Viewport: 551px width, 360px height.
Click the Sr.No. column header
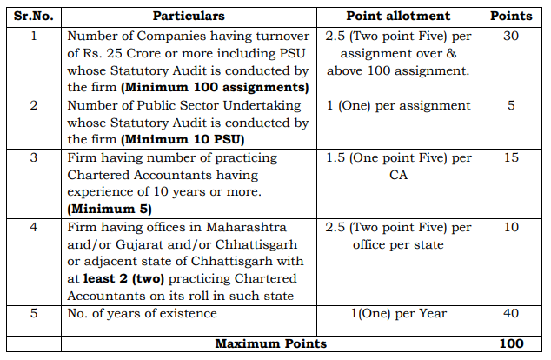[33, 16]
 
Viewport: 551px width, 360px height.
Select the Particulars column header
[188, 16]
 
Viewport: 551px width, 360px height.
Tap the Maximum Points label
[270, 343]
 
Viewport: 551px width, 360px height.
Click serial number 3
[33, 157]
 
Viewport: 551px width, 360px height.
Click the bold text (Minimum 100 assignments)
[215, 87]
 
